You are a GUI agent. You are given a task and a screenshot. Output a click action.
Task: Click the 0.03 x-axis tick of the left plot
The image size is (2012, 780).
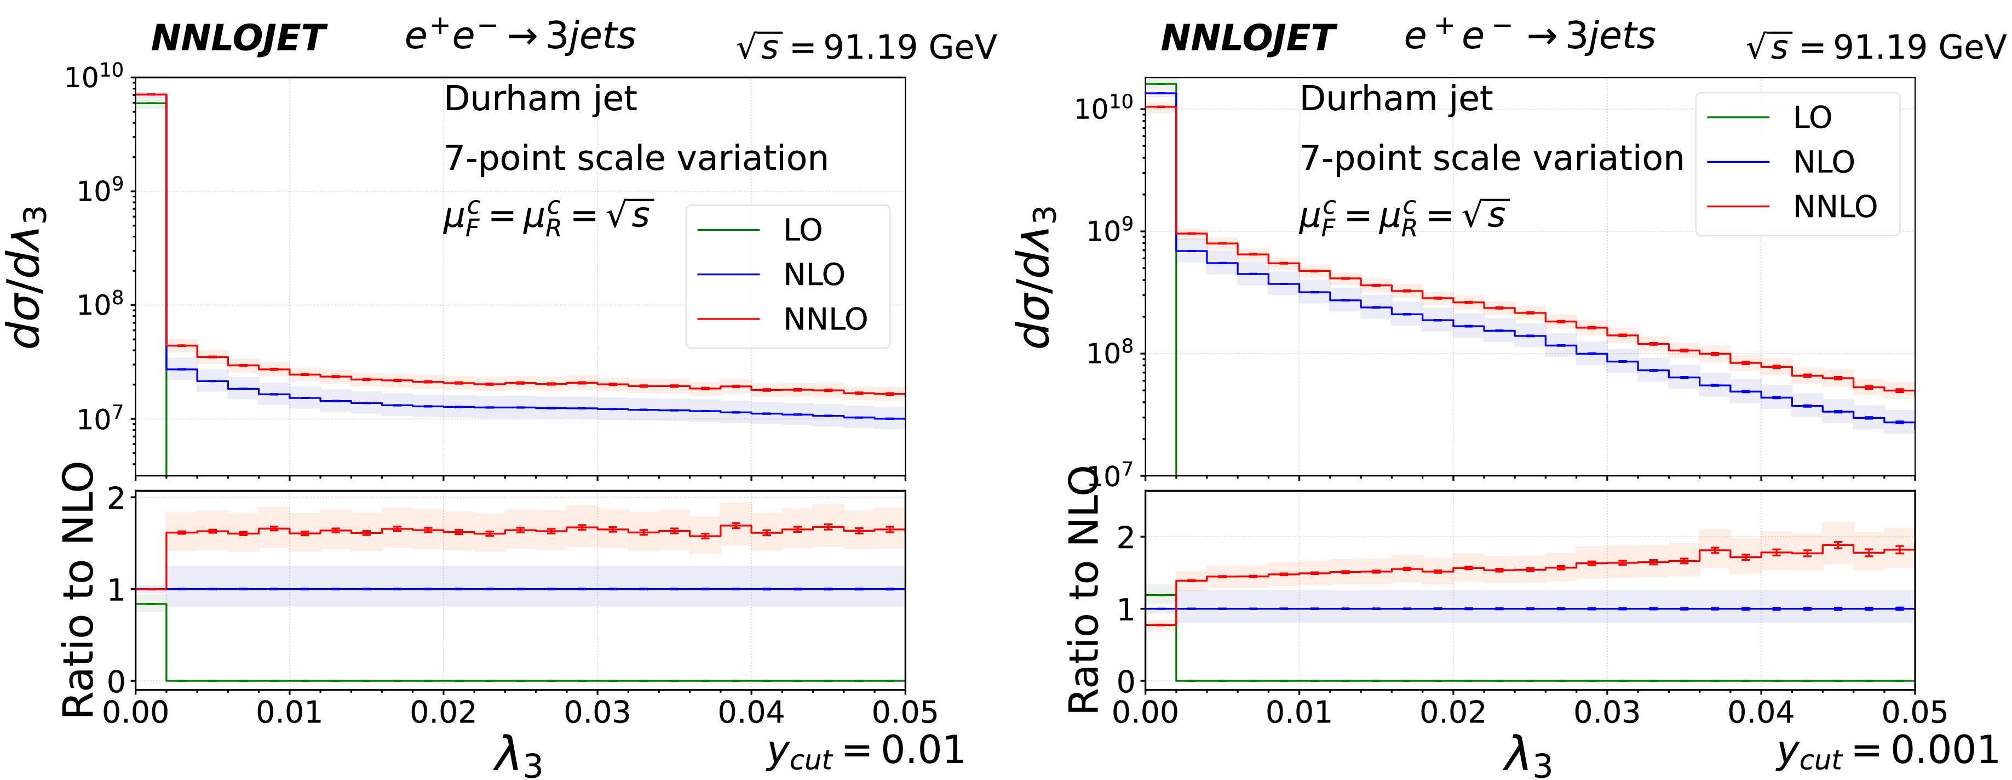pos(597,713)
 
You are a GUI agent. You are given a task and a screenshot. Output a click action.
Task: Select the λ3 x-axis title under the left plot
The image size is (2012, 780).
pos(517,756)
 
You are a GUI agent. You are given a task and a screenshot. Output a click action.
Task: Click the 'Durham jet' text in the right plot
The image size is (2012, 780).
pos(1396,99)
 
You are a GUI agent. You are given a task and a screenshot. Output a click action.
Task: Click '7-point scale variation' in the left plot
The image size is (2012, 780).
pos(636,158)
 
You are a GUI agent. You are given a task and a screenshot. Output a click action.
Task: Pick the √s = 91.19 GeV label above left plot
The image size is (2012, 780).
pos(866,48)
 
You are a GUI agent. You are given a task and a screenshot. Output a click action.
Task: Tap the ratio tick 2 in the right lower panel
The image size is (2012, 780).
pos(1126,537)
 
